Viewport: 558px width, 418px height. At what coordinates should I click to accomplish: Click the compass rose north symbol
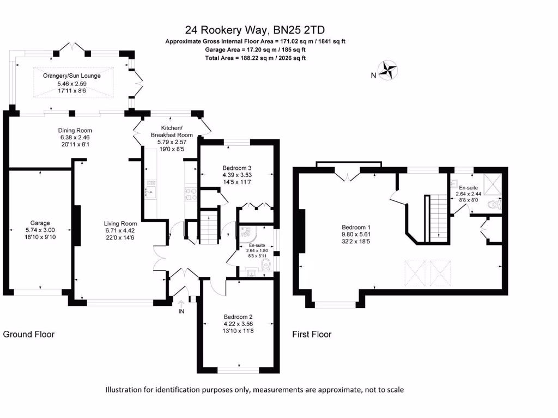coord(388,70)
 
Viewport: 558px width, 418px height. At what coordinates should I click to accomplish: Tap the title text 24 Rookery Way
coord(256,30)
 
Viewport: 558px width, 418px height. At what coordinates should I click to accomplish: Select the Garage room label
coord(40,223)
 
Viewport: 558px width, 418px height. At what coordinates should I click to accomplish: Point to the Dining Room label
coord(75,130)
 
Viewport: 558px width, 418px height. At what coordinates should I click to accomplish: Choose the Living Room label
coord(121,223)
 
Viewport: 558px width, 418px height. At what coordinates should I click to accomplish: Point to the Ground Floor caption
coord(29,334)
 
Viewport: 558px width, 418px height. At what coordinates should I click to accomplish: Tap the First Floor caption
coord(312,334)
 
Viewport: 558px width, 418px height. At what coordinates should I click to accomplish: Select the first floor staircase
coord(439,218)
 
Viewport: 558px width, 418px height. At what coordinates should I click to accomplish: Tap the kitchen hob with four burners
coord(191,193)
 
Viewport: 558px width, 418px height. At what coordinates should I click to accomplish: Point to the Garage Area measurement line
coord(256,50)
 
